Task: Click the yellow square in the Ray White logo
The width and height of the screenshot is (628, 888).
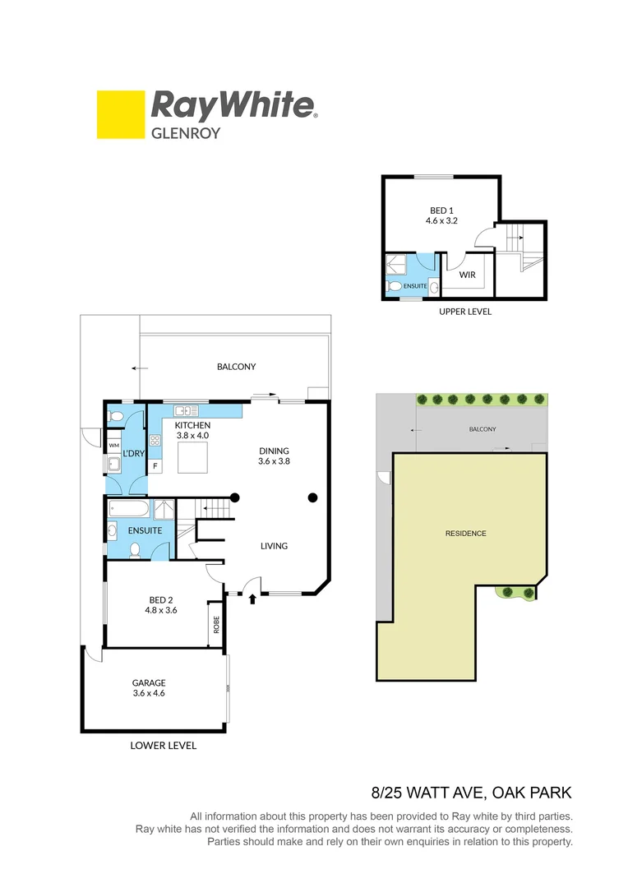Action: pos(121,114)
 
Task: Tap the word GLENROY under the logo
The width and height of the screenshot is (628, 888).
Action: pos(185,132)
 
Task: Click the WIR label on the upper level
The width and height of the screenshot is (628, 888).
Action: pos(468,275)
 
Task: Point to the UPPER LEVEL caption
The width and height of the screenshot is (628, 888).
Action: pos(465,312)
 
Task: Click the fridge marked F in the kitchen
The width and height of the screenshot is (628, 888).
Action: pos(155,466)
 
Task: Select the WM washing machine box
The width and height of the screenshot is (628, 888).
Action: pos(114,445)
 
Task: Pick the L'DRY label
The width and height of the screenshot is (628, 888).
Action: pos(134,453)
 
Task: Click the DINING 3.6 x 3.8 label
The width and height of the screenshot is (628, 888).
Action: pos(275,456)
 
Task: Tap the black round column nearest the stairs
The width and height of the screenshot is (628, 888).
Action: pos(234,497)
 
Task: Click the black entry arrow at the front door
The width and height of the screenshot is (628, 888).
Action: pos(252,599)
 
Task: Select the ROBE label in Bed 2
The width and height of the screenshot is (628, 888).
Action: pos(216,626)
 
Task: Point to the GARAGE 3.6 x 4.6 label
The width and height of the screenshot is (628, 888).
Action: pos(149,687)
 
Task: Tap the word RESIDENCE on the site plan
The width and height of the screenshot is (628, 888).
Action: pos(466,534)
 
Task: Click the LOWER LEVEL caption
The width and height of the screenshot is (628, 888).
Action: pos(164,746)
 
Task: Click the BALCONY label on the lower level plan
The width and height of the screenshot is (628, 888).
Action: pos(237,367)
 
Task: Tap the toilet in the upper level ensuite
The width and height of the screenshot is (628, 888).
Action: pos(395,286)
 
